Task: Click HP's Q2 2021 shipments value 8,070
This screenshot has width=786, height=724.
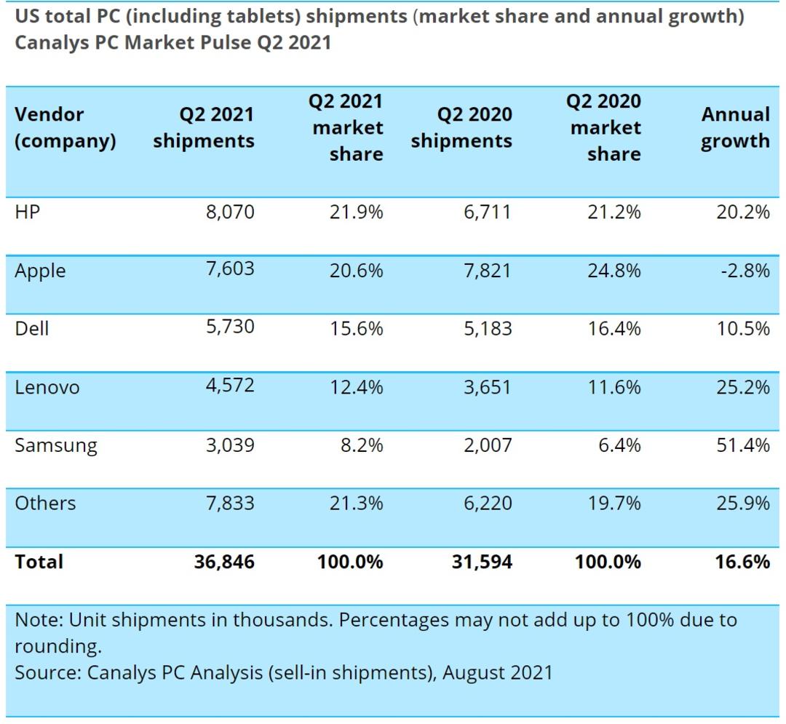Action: (x=230, y=212)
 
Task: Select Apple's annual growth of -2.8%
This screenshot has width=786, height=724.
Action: (x=745, y=271)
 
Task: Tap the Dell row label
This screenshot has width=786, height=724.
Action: (x=31, y=329)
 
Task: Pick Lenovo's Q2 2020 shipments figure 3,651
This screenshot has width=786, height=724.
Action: (x=487, y=387)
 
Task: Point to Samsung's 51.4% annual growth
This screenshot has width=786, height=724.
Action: (x=743, y=445)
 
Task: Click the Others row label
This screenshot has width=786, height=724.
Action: (x=45, y=503)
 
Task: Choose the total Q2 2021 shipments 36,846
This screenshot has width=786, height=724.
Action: (x=224, y=562)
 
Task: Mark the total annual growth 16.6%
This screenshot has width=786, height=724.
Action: (x=742, y=562)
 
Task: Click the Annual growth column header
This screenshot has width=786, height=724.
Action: (x=735, y=128)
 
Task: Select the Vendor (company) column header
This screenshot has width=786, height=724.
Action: (x=65, y=128)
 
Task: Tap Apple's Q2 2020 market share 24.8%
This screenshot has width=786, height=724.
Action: (x=614, y=271)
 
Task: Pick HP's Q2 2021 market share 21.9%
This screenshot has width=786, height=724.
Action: (x=356, y=212)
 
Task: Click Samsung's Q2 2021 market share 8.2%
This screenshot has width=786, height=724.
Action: (x=362, y=445)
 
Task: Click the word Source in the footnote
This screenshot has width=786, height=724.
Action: (x=48, y=673)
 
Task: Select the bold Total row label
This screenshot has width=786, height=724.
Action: (x=39, y=562)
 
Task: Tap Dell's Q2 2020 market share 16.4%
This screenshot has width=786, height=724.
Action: (x=614, y=329)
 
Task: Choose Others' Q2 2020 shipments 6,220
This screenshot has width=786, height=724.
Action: (x=488, y=503)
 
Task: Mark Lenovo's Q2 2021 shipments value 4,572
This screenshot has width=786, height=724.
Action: (x=230, y=386)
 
